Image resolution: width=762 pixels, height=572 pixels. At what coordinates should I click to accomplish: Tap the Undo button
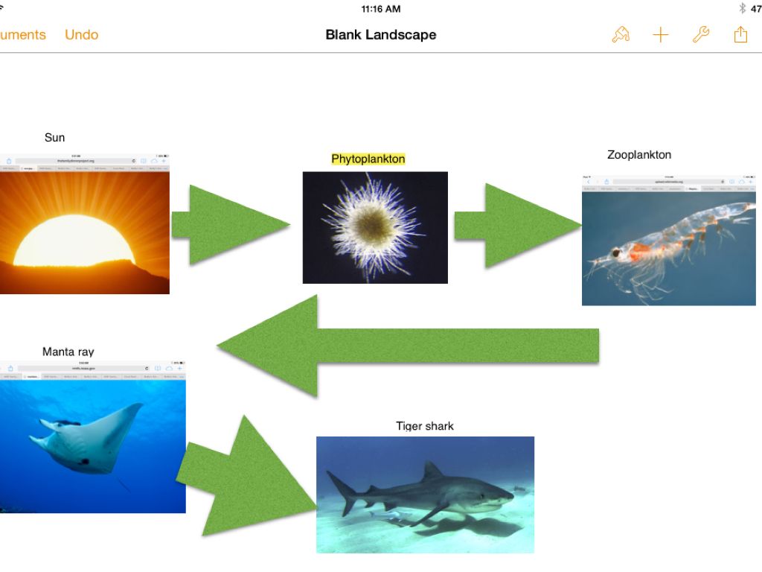click(x=81, y=35)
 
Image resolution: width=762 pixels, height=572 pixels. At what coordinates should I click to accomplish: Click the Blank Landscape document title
click(x=380, y=35)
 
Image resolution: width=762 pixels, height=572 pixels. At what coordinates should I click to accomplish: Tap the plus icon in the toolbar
click(x=661, y=35)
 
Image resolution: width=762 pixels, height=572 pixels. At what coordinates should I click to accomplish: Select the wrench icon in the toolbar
click(x=700, y=35)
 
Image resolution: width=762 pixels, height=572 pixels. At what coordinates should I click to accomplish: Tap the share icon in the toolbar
click(x=740, y=35)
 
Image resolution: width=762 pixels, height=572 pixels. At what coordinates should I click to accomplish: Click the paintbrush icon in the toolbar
click(x=621, y=35)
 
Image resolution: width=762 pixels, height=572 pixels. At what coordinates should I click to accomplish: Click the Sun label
click(x=54, y=138)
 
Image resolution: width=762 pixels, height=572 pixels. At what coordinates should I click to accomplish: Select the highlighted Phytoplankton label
click(x=368, y=159)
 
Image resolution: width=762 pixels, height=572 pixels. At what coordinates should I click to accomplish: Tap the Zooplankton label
click(x=639, y=155)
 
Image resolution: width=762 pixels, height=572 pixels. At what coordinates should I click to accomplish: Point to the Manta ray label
click(x=68, y=352)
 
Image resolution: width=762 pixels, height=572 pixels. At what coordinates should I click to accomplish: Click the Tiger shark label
click(x=425, y=426)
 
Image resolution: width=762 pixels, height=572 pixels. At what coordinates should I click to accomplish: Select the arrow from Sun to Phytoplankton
click(x=227, y=224)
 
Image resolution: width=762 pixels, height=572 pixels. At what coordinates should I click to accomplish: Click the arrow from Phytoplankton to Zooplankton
click(x=513, y=226)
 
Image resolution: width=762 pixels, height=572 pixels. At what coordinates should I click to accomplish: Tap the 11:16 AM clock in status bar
click(x=380, y=9)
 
